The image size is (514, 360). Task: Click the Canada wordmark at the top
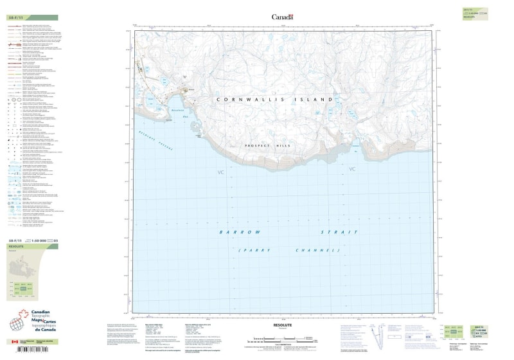(x=282, y=17)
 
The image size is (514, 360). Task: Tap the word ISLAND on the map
(x=314, y=100)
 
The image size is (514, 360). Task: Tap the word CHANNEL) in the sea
(x=316, y=249)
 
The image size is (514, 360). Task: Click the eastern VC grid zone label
(x=351, y=169)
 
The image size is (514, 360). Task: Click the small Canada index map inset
(x=24, y=266)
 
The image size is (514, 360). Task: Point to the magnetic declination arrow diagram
(x=384, y=335)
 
